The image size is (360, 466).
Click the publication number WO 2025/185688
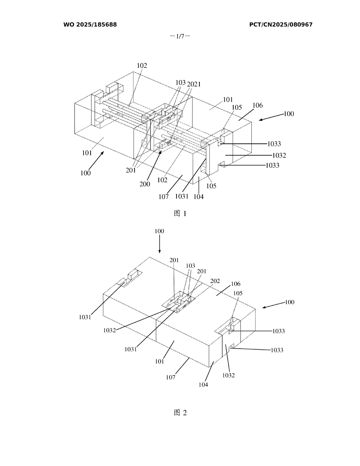90,25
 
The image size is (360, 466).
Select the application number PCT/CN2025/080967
281,25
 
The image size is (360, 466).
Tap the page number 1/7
180,36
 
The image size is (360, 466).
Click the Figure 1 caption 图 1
180,213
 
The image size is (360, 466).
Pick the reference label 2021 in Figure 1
194,84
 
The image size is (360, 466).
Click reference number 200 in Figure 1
145,184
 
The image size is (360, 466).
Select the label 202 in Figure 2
215,281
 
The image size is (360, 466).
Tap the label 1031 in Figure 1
181,196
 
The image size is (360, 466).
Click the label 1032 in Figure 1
279,155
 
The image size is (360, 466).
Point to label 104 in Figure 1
199,197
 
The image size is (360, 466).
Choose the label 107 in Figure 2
171,377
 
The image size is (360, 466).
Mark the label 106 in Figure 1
257,105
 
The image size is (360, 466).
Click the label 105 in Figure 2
238,293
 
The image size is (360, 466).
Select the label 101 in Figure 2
160,361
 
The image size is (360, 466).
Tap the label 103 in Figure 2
190,266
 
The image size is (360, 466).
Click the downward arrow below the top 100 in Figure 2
159,244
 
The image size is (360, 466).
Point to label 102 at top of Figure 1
142,66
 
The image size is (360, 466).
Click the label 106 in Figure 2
235,284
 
